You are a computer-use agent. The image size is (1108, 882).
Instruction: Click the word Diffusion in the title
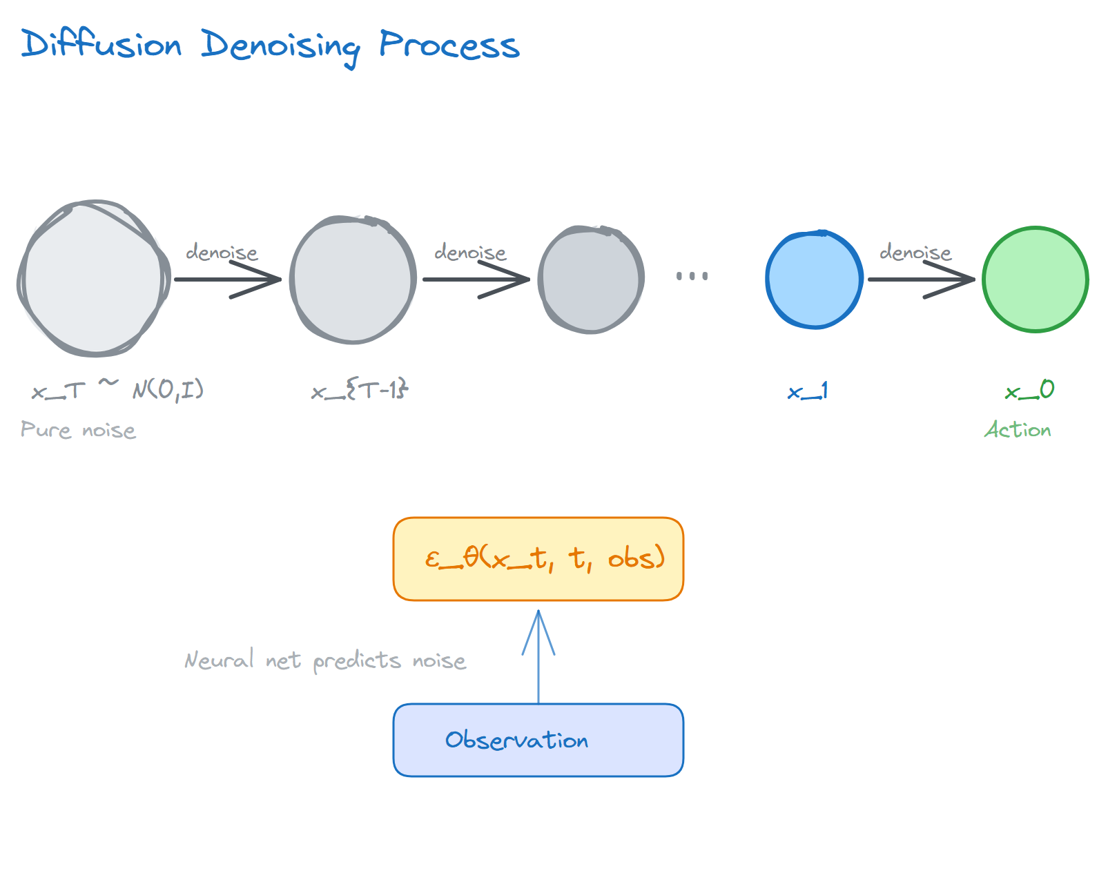pyautogui.click(x=101, y=44)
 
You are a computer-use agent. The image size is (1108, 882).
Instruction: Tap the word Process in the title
pyautogui.click(x=449, y=46)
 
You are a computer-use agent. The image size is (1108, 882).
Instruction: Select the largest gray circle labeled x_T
pyautogui.click(x=93, y=279)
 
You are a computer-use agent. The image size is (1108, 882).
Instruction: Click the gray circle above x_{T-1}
pyautogui.click(x=353, y=279)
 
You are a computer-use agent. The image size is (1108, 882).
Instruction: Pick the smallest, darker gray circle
pyautogui.click(x=591, y=279)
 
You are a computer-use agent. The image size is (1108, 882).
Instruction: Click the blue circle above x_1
pyautogui.click(x=815, y=279)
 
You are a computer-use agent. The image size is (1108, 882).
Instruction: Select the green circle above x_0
pyautogui.click(x=1035, y=279)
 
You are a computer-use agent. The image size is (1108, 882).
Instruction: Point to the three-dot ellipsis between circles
pyautogui.click(x=692, y=276)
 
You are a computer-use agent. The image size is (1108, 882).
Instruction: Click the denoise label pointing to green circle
pyautogui.click(x=915, y=253)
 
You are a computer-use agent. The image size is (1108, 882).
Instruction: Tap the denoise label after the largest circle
pyautogui.click(x=222, y=253)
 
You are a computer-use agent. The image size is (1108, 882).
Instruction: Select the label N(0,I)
pyautogui.click(x=168, y=390)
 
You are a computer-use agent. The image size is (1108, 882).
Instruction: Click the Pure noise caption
pyautogui.click(x=78, y=430)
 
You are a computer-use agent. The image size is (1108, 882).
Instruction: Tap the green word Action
pyautogui.click(x=1018, y=430)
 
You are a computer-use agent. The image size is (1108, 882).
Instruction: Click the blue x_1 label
pyautogui.click(x=808, y=392)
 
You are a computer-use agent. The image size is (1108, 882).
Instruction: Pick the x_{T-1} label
pyautogui.click(x=360, y=391)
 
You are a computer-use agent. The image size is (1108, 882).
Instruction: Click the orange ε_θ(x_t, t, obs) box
pyautogui.click(x=538, y=559)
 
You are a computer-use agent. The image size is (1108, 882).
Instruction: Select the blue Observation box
pyautogui.click(x=538, y=740)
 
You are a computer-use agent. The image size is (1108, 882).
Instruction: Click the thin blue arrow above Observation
pyautogui.click(x=538, y=656)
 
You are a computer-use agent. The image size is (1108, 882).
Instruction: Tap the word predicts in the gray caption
pyautogui.click(x=357, y=661)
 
